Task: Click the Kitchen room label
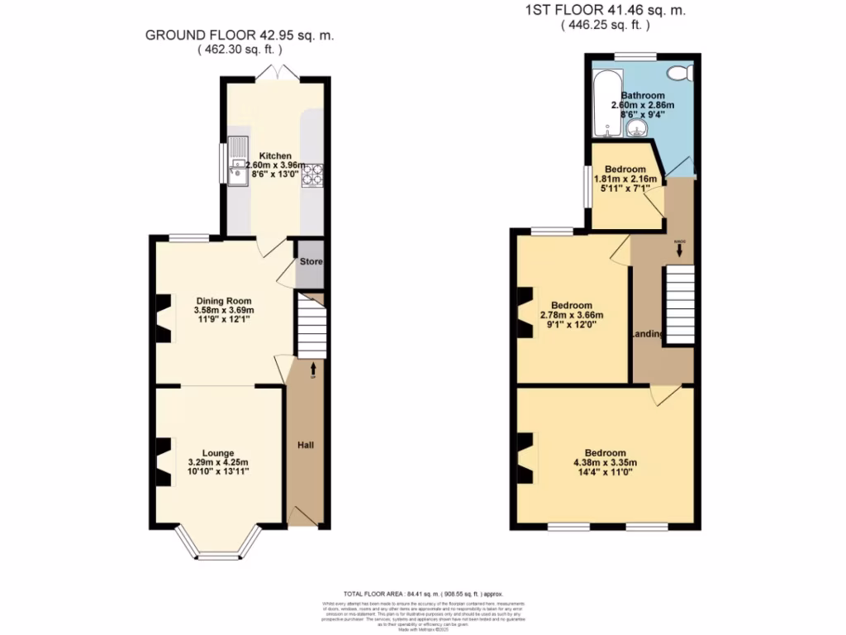275,155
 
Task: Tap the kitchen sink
237,162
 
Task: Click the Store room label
311,262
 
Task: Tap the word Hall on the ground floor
305,446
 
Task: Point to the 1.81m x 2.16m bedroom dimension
625,179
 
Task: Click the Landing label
646,334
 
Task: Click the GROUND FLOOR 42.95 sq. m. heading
240,36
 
